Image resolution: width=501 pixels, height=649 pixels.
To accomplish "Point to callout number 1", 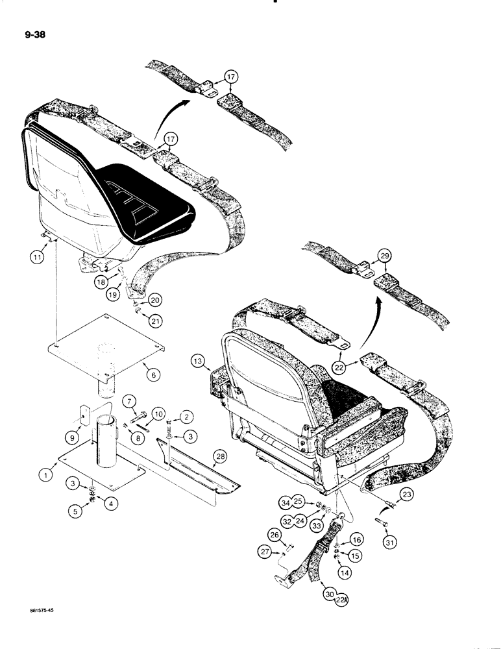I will pyautogui.click(x=45, y=474).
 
